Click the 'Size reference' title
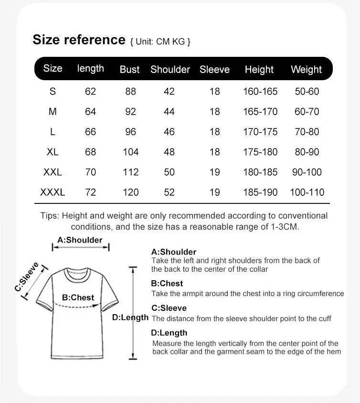coord(79,40)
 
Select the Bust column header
coord(129,69)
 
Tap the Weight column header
coord(306,69)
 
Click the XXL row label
coord(53,172)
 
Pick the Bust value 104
coord(130,152)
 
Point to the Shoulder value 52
coord(169,192)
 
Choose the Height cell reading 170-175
coord(260,132)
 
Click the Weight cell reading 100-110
coord(307,192)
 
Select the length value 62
coord(90,91)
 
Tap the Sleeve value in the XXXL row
coord(214,192)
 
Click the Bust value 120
coord(130,192)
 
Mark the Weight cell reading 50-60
coord(307,91)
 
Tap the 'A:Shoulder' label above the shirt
coord(80,240)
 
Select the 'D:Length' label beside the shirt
coord(130,318)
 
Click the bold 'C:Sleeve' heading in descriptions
coord(169,308)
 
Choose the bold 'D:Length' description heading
coord(169,333)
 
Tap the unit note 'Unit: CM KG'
coord(160,42)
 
